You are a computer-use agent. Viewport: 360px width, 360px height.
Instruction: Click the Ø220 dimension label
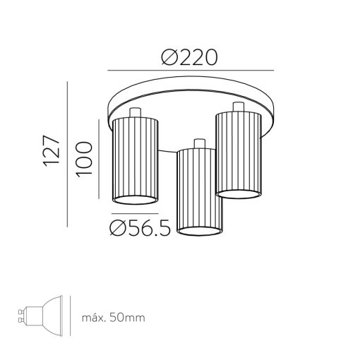[189, 57]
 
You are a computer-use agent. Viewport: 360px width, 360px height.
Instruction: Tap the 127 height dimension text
[52, 151]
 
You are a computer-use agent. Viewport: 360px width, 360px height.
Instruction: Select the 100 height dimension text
[84, 159]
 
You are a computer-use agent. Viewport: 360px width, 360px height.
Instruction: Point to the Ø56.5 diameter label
[140, 228]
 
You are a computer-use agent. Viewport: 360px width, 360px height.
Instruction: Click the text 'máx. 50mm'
[114, 318]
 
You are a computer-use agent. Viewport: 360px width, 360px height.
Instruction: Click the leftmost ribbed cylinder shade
[136, 161]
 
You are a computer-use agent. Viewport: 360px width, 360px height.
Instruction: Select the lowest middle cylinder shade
[200, 192]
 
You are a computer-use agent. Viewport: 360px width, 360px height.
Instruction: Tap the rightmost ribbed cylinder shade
[239, 155]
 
